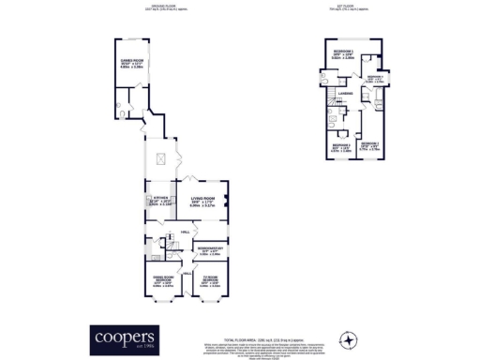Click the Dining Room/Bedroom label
point(163,279)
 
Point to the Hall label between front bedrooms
point(186,272)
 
